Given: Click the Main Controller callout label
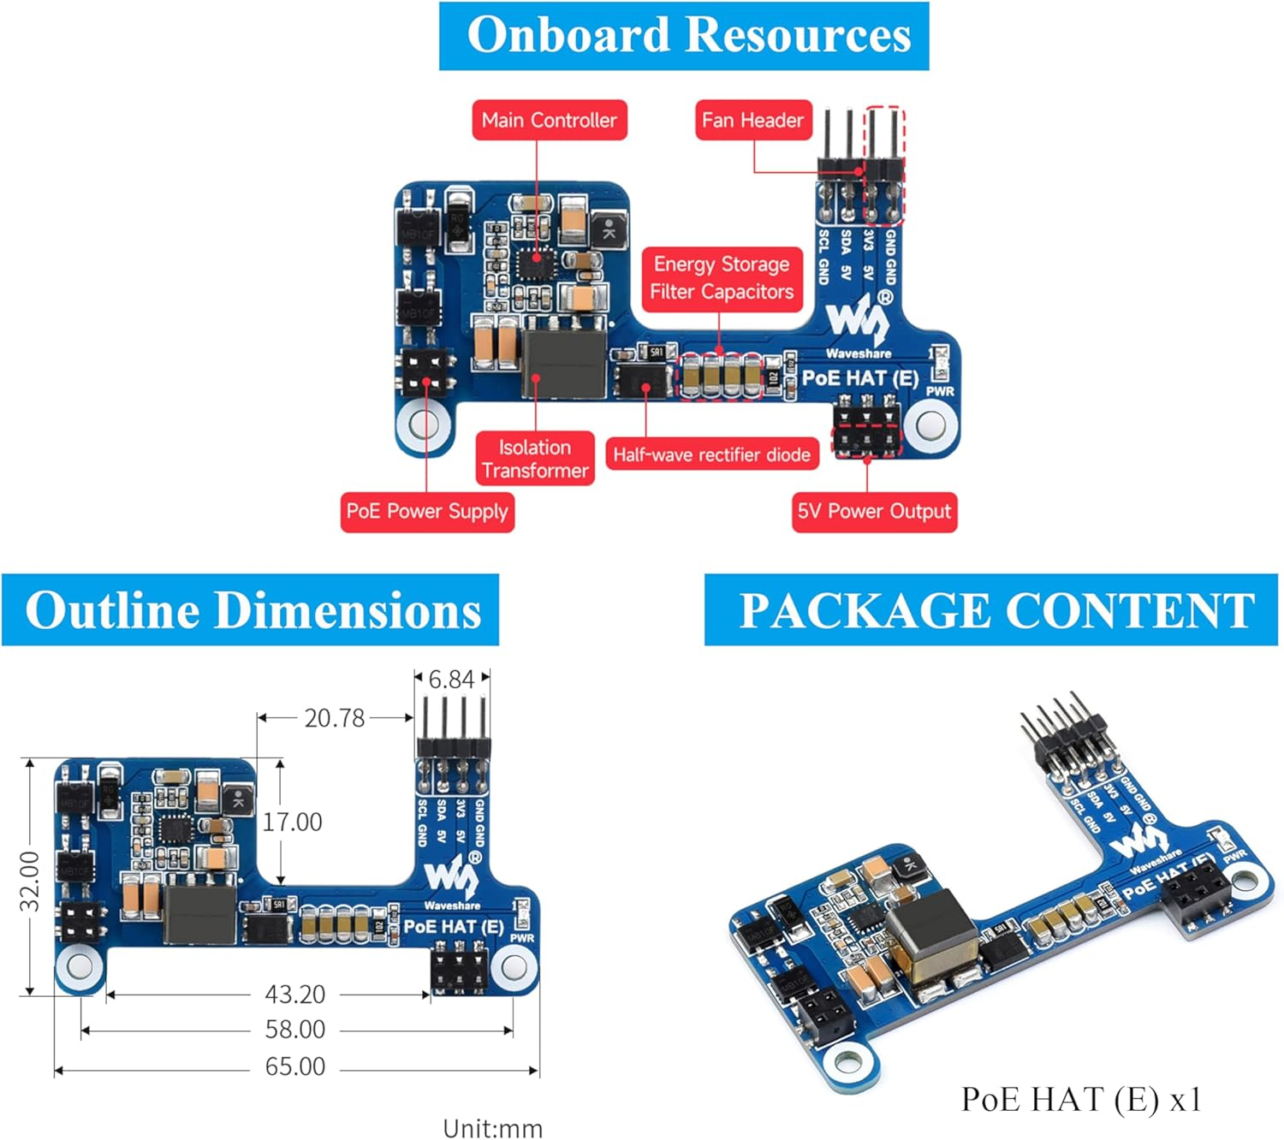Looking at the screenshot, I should [x=549, y=120].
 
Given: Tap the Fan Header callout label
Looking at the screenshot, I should [x=752, y=120].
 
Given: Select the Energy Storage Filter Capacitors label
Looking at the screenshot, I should [x=722, y=278].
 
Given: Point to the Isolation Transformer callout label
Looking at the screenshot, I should [x=535, y=459].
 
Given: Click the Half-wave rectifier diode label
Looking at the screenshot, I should [x=711, y=454].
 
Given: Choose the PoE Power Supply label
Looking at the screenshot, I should [x=427, y=512].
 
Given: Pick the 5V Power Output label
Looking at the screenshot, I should [x=874, y=512].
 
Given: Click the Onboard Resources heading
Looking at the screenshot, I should [x=684, y=36].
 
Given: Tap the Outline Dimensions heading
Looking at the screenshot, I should [x=251, y=610].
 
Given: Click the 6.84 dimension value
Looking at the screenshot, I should [x=451, y=680].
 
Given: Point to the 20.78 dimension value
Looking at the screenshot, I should [x=335, y=718].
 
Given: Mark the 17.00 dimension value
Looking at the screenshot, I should [x=293, y=822].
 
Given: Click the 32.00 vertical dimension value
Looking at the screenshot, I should [x=30, y=882].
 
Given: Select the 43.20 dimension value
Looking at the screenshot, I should [x=295, y=995].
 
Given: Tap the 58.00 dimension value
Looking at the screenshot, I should [x=295, y=1030].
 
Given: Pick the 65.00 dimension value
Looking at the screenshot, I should [x=295, y=1067].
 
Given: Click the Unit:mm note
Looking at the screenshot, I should [x=493, y=1128].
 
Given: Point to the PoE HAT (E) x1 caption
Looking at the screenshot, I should [x=1081, y=1100].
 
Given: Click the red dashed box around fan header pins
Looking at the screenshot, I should [x=883, y=164].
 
